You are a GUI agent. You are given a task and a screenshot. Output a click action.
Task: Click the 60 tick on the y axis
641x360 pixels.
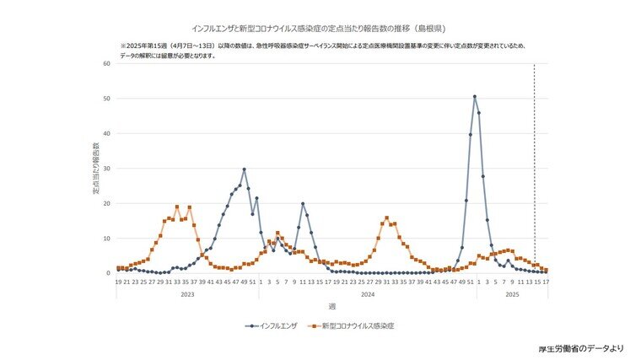107,63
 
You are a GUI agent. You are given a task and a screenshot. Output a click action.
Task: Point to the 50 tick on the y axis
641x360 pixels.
107,99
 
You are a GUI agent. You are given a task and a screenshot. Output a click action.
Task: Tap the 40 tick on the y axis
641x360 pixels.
107,133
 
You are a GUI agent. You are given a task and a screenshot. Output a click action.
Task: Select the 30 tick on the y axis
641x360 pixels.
107,169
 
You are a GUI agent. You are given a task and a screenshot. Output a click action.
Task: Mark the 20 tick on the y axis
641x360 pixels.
107,203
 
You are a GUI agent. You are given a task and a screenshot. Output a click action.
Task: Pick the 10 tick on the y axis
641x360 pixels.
107,239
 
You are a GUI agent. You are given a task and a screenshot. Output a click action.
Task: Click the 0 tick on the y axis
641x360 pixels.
109,273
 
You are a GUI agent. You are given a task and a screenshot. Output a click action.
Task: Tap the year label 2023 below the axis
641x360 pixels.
187,293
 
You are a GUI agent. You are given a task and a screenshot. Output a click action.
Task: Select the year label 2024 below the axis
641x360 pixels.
367,293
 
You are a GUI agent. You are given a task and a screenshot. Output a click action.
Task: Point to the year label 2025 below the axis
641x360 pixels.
511,293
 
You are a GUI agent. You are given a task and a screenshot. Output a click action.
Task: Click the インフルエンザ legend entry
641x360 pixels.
271,325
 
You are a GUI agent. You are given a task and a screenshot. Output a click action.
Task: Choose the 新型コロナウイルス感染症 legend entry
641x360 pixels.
354,325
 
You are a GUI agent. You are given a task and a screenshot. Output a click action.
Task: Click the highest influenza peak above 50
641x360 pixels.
474,97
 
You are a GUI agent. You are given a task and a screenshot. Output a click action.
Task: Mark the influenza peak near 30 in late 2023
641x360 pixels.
244,169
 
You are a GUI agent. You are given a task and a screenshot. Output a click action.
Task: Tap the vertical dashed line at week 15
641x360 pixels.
534,169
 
